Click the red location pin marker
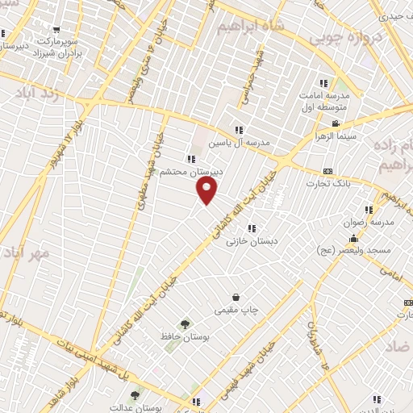click(x=208, y=190)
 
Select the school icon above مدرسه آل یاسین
click(x=239, y=129)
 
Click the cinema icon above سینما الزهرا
click(x=336, y=123)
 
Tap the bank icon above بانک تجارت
click(x=327, y=171)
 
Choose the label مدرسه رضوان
click(x=373, y=222)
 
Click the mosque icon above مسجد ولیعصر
click(x=353, y=239)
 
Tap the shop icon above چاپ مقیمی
click(x=235, y=297)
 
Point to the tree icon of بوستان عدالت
click(x=135, y=394)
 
